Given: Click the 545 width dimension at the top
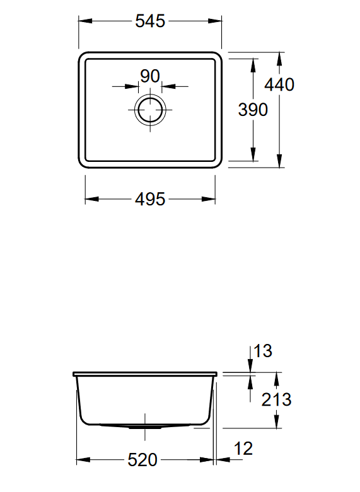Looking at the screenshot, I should (x=150, y=21).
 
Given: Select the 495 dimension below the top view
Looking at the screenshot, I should (x=150, y=200).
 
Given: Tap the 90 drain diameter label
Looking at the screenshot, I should (x=149, y=76).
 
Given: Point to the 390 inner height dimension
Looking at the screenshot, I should (x=253, y=110).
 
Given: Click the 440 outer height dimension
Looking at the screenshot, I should (x=280, y=84).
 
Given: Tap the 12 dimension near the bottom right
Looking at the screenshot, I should (x=243, y=449).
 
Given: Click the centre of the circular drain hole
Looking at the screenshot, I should (x=150, y=110).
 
